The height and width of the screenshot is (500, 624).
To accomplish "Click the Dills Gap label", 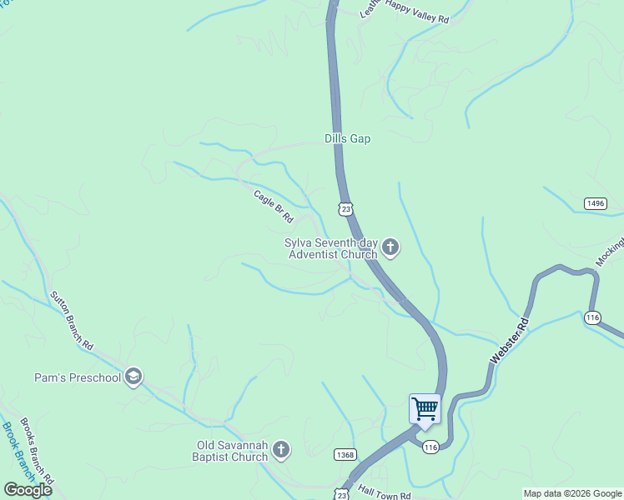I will coord(347,139).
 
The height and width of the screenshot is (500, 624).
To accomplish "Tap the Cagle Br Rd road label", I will coord(274,206).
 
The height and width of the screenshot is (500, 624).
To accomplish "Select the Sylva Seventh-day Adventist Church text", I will coord(330,248).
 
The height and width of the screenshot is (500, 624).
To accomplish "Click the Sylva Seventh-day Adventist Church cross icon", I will coord(390,247).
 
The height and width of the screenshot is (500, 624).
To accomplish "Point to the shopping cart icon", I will coord(425,409).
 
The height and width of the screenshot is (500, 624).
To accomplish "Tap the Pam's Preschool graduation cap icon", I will coord(133,377).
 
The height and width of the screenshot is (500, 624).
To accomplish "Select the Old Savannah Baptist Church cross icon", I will coord(281,451).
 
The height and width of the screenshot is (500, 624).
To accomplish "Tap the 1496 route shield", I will coord(595,203).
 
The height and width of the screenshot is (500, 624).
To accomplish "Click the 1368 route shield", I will coord(345,454).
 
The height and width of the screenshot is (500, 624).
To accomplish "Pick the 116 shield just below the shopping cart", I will coord(430,447).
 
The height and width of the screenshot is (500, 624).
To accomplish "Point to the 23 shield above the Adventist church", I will coord(346,208).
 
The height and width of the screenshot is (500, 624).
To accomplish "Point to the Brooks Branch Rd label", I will coord(37,451).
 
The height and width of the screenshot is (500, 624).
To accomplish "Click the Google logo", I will coord(28,490).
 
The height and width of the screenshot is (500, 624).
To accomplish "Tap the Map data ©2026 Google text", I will coord(573,493).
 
